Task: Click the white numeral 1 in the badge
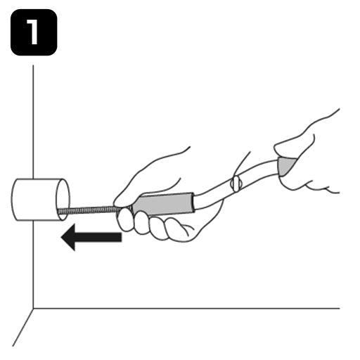33,32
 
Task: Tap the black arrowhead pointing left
68,237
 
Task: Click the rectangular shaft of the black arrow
98,237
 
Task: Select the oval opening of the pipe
63,200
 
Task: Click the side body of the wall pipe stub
34,200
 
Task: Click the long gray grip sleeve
164,203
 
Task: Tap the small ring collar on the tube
236,184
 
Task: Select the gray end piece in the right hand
286,167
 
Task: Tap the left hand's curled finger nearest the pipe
125,219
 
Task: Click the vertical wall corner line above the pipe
33,122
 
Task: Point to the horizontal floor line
186,309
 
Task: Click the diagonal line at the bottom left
22,328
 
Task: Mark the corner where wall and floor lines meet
33,309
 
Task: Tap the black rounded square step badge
34,32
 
